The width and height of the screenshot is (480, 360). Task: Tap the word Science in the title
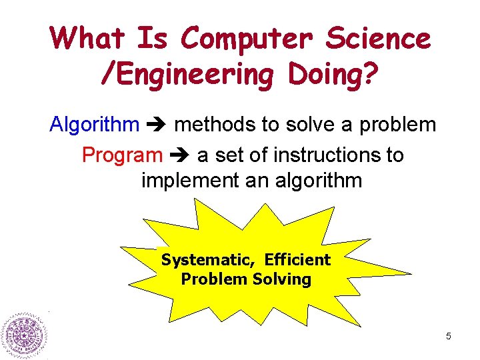coord(378,38)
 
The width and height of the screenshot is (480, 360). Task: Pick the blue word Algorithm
coord(95,125)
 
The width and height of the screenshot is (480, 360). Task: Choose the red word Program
coord(122,155)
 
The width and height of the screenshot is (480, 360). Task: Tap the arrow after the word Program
coord(180,156)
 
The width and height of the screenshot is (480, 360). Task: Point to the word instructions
coord(324,155)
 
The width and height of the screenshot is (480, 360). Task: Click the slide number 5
coord(448,337)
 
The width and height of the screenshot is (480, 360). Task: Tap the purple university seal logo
coord(25,335)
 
